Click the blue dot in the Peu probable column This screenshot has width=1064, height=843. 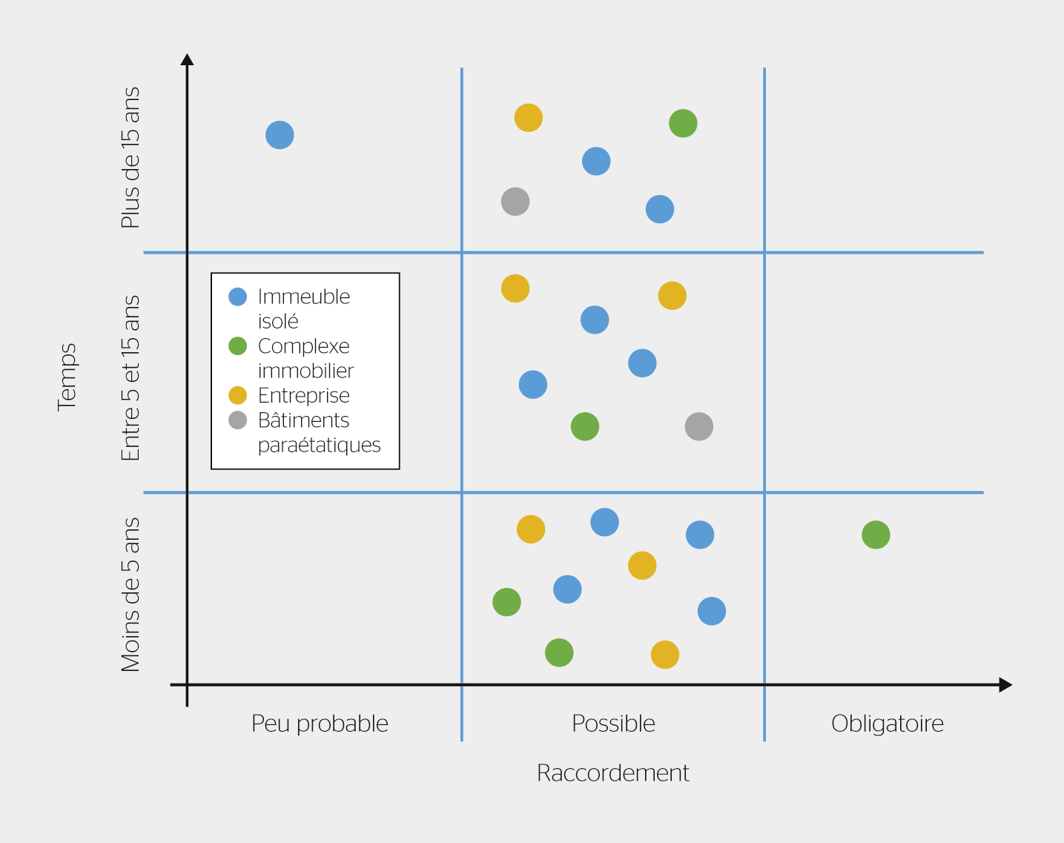[280, 135]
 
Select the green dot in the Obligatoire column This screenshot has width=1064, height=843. [876, 535]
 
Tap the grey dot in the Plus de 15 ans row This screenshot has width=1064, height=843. [515, 201]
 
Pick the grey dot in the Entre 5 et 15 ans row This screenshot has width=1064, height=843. [698, 426]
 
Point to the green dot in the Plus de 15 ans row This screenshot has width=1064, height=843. [683, 123]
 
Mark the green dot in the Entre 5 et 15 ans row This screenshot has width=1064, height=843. [585, 426]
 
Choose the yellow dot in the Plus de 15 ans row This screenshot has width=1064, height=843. [529, 117]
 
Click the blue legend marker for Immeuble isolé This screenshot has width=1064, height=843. [237, 297]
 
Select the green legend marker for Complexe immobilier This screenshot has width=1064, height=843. [237, 346]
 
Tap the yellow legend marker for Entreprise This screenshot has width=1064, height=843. [237, 395]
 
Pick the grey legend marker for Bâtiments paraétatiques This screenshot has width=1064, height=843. [237, 420]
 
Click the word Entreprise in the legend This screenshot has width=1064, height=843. [304, 396]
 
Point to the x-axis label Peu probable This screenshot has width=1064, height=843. [320, 724]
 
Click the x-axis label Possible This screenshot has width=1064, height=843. [613, 724]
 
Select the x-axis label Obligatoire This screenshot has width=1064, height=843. [888, 724]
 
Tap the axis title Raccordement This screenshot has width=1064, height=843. [613, 773]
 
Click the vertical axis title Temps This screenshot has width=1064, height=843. [67, 377]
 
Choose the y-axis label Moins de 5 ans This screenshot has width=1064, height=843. [130, 595]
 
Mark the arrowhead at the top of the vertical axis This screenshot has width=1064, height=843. [187, 60]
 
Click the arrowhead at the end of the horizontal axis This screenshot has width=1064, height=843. [1005, 685]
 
